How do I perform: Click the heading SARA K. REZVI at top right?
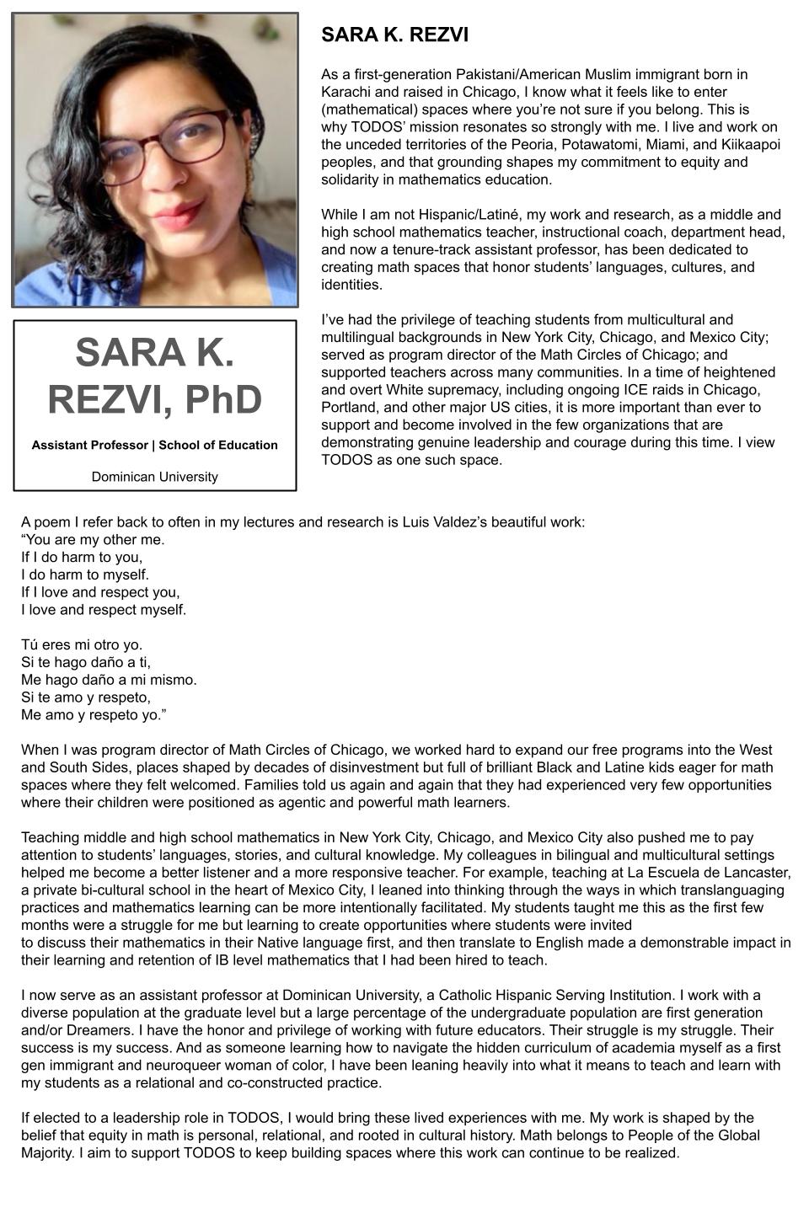click(x=394, y=35)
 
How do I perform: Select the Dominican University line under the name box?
click(x=155, y=477)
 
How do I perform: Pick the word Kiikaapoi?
click(x=751, y=144)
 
